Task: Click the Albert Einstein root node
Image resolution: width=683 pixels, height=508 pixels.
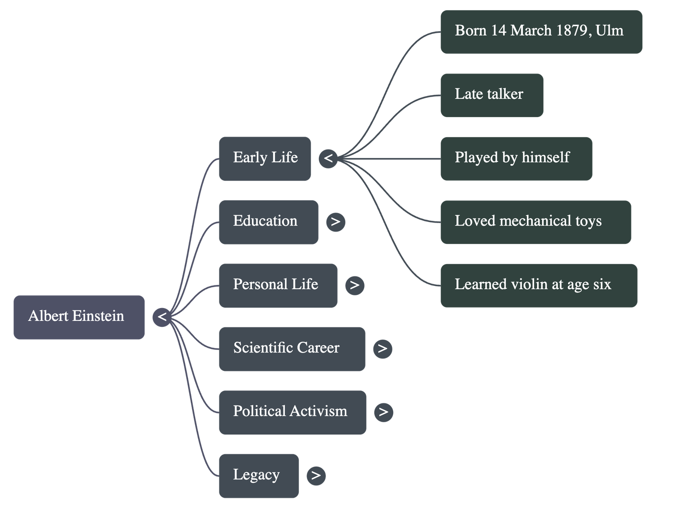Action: [x=79, y=317]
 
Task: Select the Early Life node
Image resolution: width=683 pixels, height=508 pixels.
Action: [x=265, y=159]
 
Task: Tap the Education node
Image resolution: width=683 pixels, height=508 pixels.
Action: [x=269, y=222]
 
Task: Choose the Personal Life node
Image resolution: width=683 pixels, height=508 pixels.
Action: [x=278, y=285]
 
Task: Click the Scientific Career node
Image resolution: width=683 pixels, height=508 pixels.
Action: [x=292, y=349]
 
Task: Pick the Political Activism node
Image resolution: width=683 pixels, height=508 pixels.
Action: [x=292, y=412]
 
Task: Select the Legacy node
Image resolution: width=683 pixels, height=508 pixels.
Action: [x=259, y=475]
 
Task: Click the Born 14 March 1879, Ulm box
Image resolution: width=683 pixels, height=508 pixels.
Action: [x=541, y=32]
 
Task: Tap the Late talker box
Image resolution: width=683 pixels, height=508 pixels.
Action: [x=492, y=95]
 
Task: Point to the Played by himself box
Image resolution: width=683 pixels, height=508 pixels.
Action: [x=516, y=159]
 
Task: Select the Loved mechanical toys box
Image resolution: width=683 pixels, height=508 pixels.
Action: [x=536, y=222]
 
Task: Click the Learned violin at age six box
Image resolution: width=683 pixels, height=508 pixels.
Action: [x=539, y=285]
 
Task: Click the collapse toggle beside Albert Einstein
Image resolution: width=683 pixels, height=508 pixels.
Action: [x=162, y=317]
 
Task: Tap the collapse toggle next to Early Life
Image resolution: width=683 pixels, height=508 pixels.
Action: [x=328, y=159]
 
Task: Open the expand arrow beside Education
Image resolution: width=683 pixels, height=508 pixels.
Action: [x=336, y=222]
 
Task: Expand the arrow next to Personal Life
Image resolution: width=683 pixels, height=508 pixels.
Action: [x=355, y=285]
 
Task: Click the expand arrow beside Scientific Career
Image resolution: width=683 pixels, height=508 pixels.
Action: [x=382, y=349]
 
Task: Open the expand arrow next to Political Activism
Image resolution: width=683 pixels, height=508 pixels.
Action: [x=383, y=412]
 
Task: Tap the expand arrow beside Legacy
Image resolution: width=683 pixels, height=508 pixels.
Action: [x=316, y=475]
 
